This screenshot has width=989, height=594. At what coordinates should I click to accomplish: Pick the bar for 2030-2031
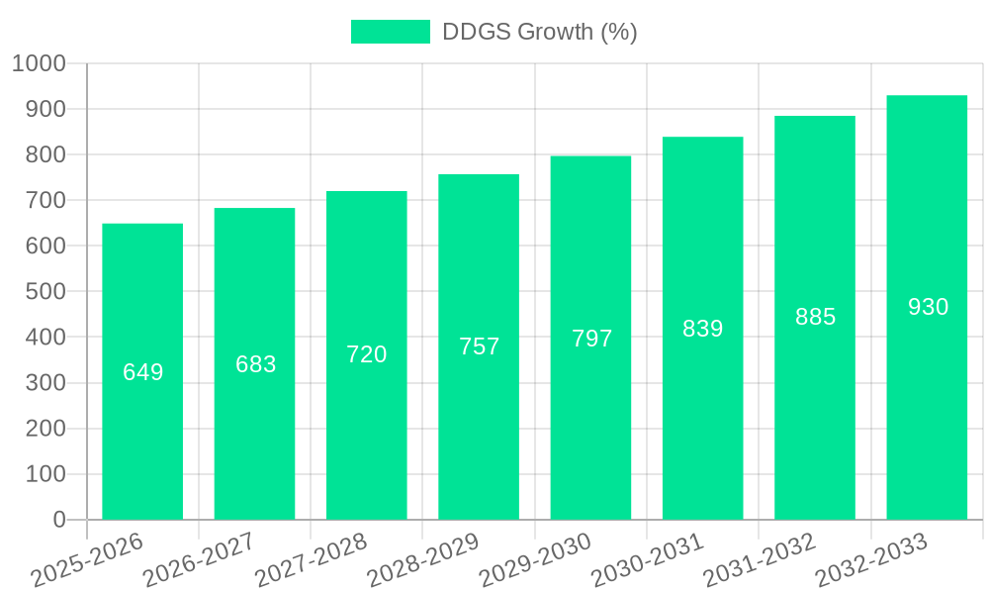click(x=702, y=416)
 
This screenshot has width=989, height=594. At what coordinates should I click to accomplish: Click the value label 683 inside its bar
click(x=255, y=364)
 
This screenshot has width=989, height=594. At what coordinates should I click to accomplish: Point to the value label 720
click(x=367, y=354)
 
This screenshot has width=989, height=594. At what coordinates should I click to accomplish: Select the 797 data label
click(x=591, y=339)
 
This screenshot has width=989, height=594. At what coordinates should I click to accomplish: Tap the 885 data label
click(x=815, y=317)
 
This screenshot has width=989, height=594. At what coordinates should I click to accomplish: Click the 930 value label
click(x=928, y=307)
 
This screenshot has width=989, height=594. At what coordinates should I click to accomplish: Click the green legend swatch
click(x=391, y=32)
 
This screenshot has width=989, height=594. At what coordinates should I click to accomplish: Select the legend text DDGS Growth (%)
click(x=539, y=32)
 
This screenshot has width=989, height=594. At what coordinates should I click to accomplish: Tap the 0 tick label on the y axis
click(x=58, y=520)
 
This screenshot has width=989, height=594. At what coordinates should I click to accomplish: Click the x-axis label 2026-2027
click(x=199, y=560)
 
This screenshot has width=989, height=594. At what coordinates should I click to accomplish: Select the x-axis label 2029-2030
click(x=535, y=560)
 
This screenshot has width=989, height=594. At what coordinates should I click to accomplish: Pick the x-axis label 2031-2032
click(x=760, y=560)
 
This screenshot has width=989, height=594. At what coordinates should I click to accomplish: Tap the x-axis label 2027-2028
click(x=311, y=560)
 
